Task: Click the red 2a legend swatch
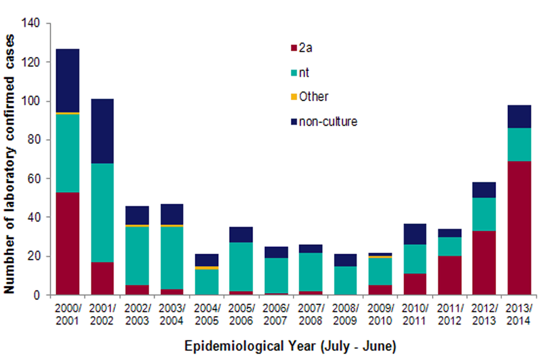click(x=293, y=48)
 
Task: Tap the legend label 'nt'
click(x=304, y=73)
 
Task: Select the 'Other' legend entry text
click(x=313, y=97)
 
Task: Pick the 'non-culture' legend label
click(x=327, y=121)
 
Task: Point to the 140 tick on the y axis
click(x=34, y=24)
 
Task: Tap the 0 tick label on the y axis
click(x=39, y=295)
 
